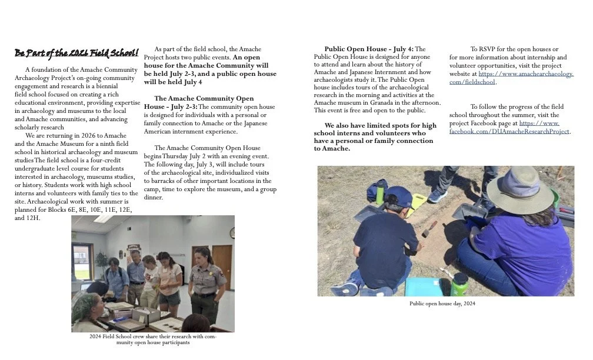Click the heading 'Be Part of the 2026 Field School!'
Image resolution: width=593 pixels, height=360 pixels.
[76, 54]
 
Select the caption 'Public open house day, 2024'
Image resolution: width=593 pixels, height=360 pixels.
[442, 304]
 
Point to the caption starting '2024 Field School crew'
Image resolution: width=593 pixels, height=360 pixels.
[152, 339]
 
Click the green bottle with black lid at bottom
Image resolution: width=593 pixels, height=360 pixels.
[460, 284]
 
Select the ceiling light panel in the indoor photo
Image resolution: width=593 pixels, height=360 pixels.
[104, 219]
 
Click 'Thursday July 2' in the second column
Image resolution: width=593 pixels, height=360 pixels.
[192, 156]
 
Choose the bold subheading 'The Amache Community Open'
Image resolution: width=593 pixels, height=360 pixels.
[204, 98]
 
